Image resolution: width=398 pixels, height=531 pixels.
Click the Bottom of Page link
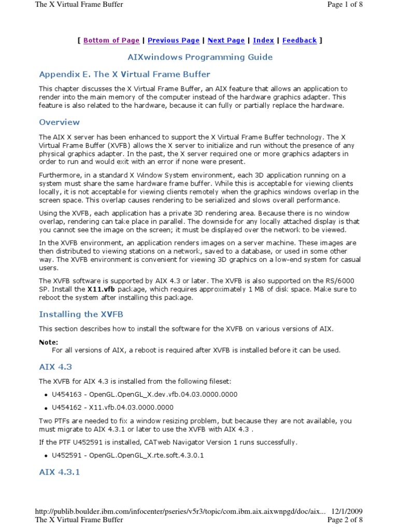tap(111, 40)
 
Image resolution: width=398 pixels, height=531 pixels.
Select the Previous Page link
tap(174, 40)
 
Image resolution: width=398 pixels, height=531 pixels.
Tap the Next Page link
tap(226, 40)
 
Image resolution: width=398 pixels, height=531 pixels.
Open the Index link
tap(264, 40)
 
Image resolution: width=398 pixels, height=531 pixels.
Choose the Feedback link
tap(300, 40)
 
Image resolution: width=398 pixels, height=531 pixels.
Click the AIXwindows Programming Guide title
tap(200, 57)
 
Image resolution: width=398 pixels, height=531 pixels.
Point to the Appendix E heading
tap(125, 74)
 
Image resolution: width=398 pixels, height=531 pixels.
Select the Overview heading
tap(60, 122)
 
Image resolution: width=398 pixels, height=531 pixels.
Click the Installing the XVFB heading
tap(81, 314)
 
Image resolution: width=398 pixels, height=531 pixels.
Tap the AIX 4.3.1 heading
tap(60, 472)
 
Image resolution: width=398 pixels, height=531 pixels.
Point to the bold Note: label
tap(49, 342)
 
